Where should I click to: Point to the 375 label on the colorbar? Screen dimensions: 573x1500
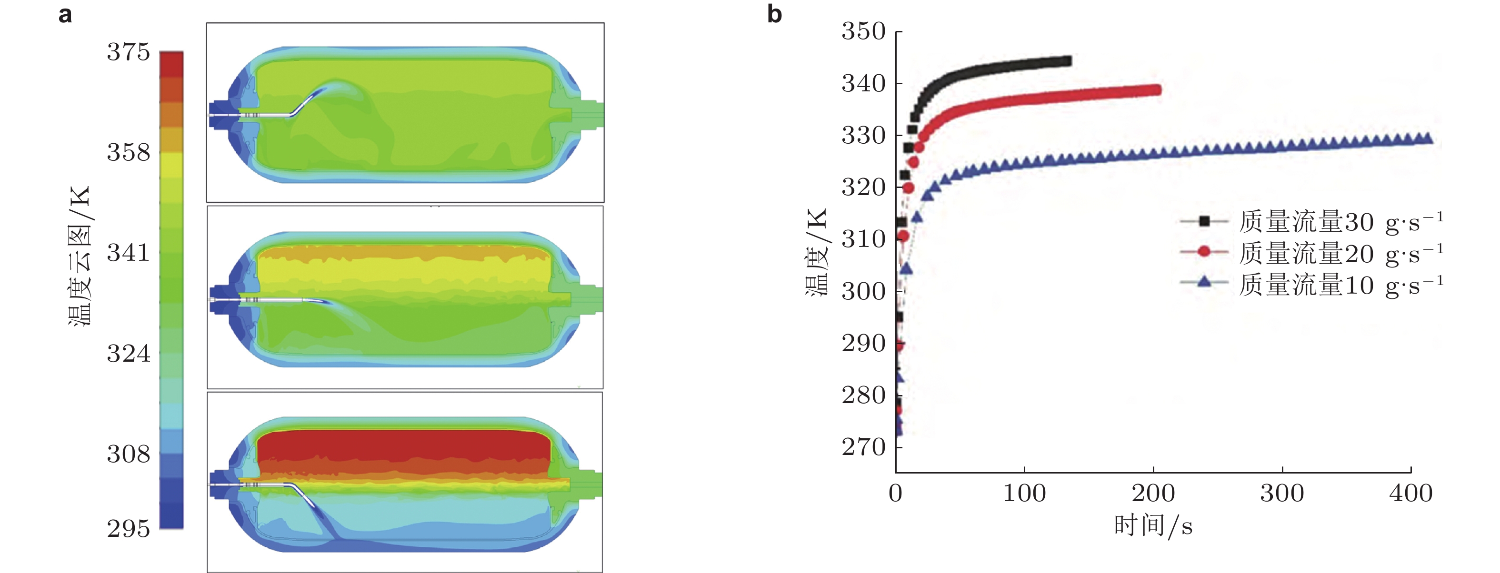(x=128, y=52)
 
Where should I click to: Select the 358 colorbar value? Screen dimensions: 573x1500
(x=128, y=152)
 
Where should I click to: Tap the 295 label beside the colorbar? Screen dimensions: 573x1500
(x=128, y=529)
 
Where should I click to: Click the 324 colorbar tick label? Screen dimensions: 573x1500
(x=128, y=354)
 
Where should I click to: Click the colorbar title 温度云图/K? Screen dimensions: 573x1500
(x=80, y=256)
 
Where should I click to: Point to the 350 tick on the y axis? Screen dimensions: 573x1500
(x=863, y=31)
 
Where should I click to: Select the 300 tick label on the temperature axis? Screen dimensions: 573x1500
(x=863, y=291)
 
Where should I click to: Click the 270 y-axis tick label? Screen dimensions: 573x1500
(x=863, y=447)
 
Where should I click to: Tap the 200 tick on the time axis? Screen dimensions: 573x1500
(x=1153, y=494)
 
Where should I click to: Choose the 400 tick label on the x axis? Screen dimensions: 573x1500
(x=1410, y=494)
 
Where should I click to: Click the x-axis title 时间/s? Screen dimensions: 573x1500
(x=1153, y=526)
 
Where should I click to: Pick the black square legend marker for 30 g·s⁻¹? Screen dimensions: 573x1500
(x=1204, y=221)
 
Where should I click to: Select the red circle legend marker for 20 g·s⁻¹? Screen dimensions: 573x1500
(x=1204, y=251)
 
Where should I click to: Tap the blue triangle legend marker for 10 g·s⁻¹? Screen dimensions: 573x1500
(x=1204, y=282)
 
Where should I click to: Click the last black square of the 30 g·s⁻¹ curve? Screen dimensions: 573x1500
(x=1067, y=61)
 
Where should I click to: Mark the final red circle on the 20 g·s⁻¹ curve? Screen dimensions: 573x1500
(x=1157, y=90)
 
